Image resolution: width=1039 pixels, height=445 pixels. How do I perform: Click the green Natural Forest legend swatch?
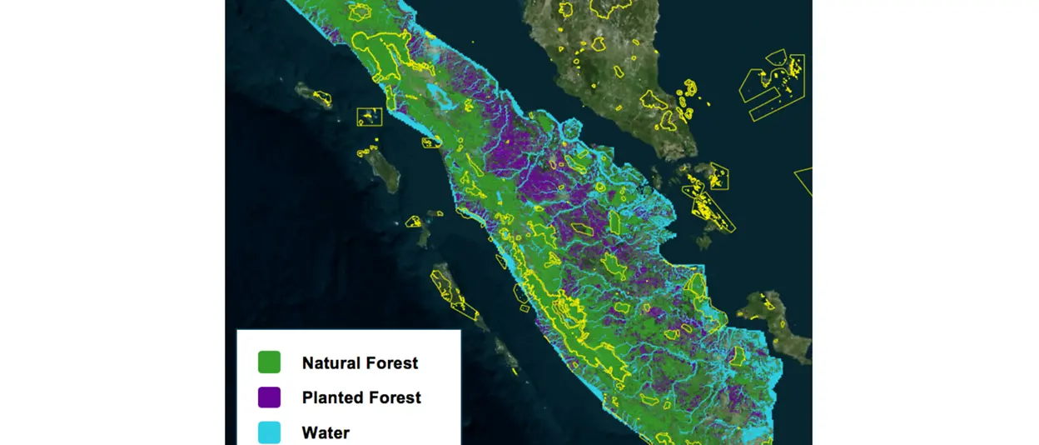point(269,362)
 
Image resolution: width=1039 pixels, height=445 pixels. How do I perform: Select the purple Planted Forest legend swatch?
point(269,397)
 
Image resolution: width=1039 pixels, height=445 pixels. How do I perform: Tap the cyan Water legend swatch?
point(269,432)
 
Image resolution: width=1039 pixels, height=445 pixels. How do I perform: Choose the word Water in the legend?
point(326,433)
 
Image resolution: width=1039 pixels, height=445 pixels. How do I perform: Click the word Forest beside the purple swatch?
point(395,398)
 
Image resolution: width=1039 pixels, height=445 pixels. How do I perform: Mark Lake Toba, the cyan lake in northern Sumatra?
point(439,94)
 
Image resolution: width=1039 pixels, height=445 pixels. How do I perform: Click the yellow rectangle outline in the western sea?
point(370,117)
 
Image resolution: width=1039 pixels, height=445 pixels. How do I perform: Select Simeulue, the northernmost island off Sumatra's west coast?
point(313,94)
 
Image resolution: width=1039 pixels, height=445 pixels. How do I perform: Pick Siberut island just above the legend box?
point(453,292)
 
